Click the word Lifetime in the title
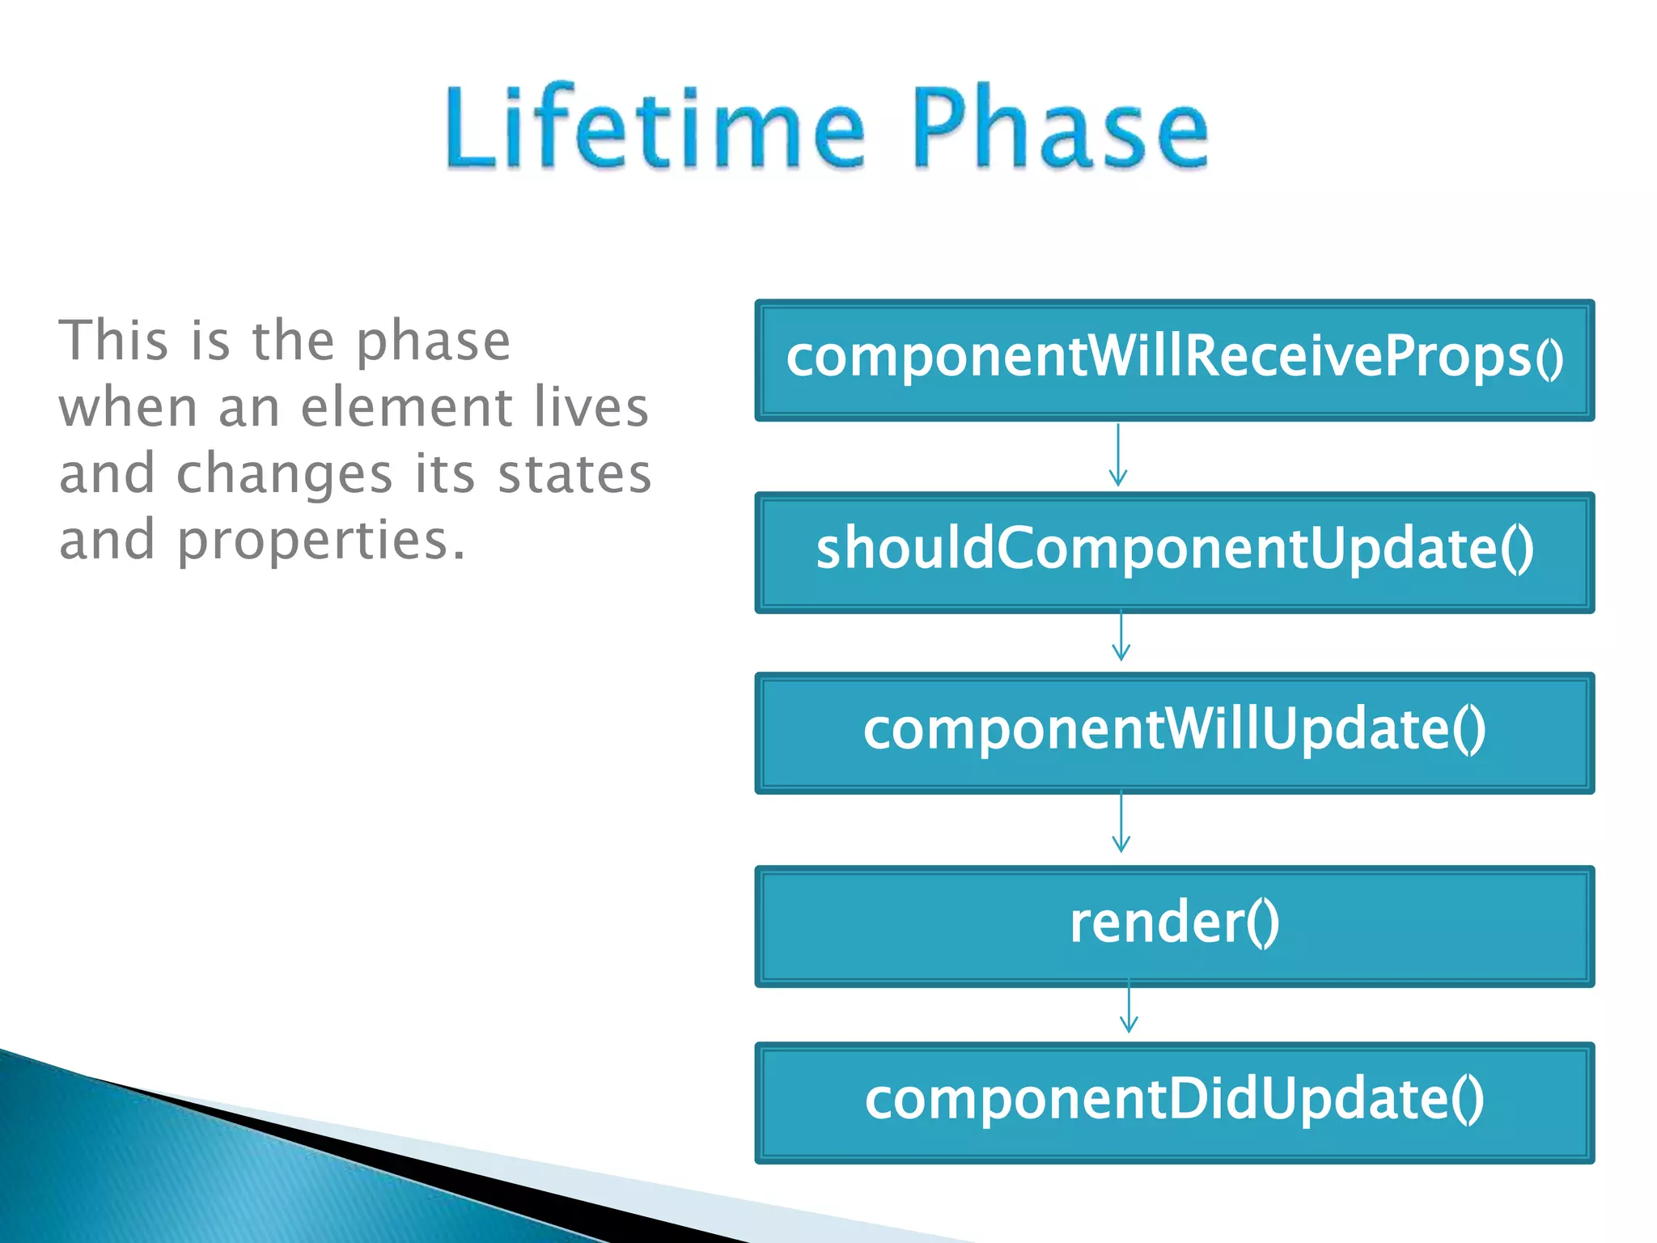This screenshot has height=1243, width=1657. [x=655, y=129]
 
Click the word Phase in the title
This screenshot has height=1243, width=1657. [x=1060, y=129]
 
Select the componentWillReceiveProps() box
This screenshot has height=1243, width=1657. [x=1174, y=360]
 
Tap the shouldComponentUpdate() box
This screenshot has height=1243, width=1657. [x=1174, y=552]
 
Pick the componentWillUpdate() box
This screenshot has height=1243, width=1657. [x=1174, y=732]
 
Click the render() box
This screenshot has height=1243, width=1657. [x=1174, y=926]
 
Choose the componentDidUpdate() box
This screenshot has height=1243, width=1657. [x=1174, y=1102]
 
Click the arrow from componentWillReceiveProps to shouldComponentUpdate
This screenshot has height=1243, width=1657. [x=1118, y=456]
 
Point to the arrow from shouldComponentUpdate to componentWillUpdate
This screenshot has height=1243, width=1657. [x=1121, y=637]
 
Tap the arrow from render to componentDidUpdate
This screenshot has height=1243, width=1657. [x=1129, y=1008]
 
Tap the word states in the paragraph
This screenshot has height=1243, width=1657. [x=574, y=475]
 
